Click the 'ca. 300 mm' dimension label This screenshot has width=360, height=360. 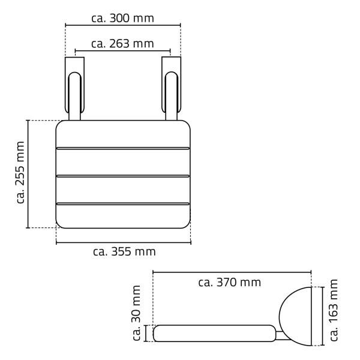(122, 18)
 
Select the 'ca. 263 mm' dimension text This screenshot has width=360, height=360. (122, 44)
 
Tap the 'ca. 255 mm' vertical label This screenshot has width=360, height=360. (21, 173)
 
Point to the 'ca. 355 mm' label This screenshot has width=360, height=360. (124, 251)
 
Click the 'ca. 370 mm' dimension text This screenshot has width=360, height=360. (229, 282)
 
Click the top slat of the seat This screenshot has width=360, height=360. (123, 133)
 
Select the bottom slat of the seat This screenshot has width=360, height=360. (123, 216)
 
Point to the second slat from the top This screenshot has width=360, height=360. (123, 161)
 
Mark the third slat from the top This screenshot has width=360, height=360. (123, 190)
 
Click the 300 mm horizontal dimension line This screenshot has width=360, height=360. (122, 26)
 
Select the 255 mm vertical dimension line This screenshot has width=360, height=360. (28, 174)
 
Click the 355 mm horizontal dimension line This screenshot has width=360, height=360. (123, 242)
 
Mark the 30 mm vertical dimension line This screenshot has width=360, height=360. (146, 333)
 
